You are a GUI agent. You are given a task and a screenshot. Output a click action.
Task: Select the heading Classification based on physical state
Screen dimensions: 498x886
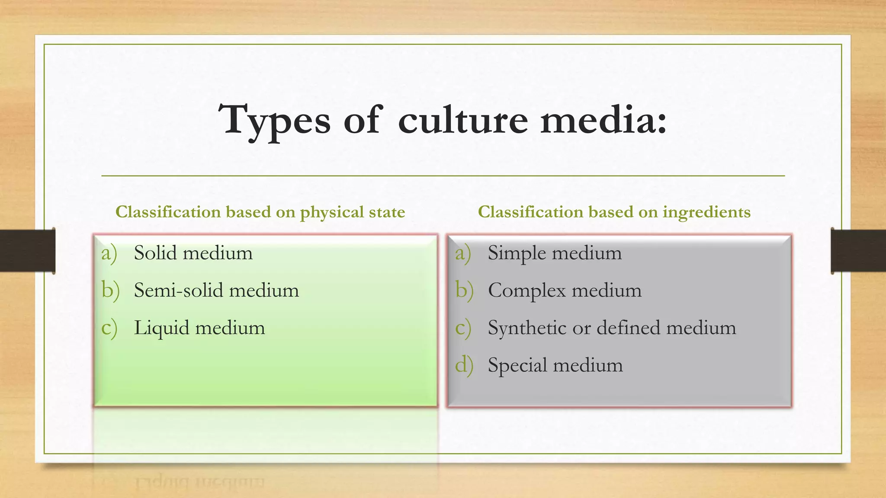click(x=260, y=212)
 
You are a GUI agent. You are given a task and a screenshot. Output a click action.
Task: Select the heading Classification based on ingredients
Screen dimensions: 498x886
click(x=614, y=212)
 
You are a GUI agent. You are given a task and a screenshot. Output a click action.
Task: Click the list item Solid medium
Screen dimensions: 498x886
click(x=193, y=253)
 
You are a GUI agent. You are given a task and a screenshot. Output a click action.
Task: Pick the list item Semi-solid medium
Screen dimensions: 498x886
click(x=216, y=290)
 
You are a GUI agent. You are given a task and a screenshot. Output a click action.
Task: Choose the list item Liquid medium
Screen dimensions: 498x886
click(x=199, y=328)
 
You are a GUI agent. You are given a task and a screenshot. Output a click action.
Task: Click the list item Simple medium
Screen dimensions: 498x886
click(x=555, y=253)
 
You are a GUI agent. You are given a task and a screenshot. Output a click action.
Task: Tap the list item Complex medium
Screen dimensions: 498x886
click(x=565, y=290)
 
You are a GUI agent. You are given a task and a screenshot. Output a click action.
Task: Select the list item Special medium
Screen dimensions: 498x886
click(x=555, y=365)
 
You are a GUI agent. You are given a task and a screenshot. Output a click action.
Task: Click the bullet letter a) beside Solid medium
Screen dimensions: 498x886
click(x=109, y=253)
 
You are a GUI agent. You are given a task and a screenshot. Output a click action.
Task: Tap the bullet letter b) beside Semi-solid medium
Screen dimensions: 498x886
click(x=110, y=290)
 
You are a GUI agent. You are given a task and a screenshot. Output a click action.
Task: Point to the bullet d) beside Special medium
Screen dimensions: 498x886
click(x=464, y=365)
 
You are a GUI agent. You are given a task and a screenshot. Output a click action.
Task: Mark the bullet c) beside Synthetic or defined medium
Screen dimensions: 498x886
click(x=463, y=328)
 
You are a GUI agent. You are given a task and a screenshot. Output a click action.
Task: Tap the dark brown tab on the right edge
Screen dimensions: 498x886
click(x=858, y=251)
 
